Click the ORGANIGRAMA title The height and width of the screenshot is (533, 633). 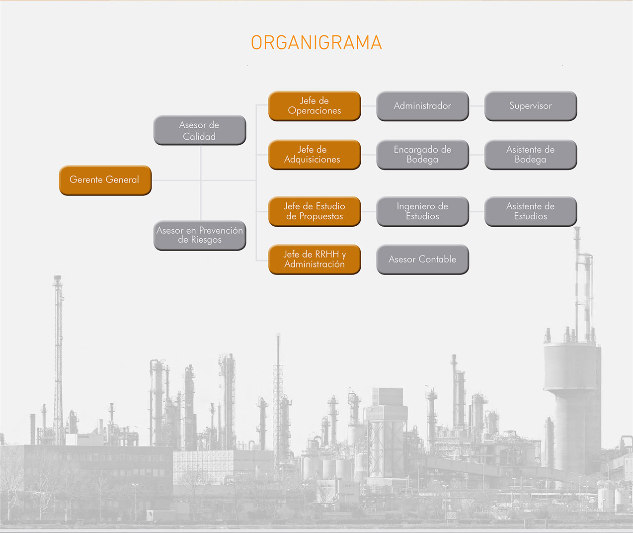tap(316, 42)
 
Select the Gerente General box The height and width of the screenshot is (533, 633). tap(105, 180)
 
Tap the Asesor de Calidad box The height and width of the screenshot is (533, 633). tap(200, 130)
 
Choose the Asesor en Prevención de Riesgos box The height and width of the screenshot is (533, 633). tap(200, 235)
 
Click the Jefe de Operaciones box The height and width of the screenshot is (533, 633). tap(315, 106)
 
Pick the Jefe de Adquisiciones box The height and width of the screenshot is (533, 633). tap(315, 155)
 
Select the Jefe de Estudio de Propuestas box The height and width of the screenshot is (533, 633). tap(315, 211)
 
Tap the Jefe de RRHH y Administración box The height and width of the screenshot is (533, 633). tap(315, 260)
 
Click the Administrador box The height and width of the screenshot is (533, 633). tap(423, 106)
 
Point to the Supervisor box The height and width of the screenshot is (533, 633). tap(531, 106)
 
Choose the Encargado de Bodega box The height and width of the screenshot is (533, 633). tap(423, 155)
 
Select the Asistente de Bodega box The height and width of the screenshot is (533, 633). tap(531, 155)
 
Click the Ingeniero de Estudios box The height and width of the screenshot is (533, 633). tap(423, 211)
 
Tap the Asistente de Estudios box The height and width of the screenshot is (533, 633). tap(531, 211)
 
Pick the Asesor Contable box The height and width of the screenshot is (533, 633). tap(423, 260)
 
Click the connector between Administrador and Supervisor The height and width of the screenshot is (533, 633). tap(476, 106)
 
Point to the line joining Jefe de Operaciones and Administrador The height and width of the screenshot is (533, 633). tap(369, 106)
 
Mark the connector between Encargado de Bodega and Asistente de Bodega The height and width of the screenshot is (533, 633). tap(476, 155)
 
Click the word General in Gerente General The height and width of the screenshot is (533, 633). tap(122, 179)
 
